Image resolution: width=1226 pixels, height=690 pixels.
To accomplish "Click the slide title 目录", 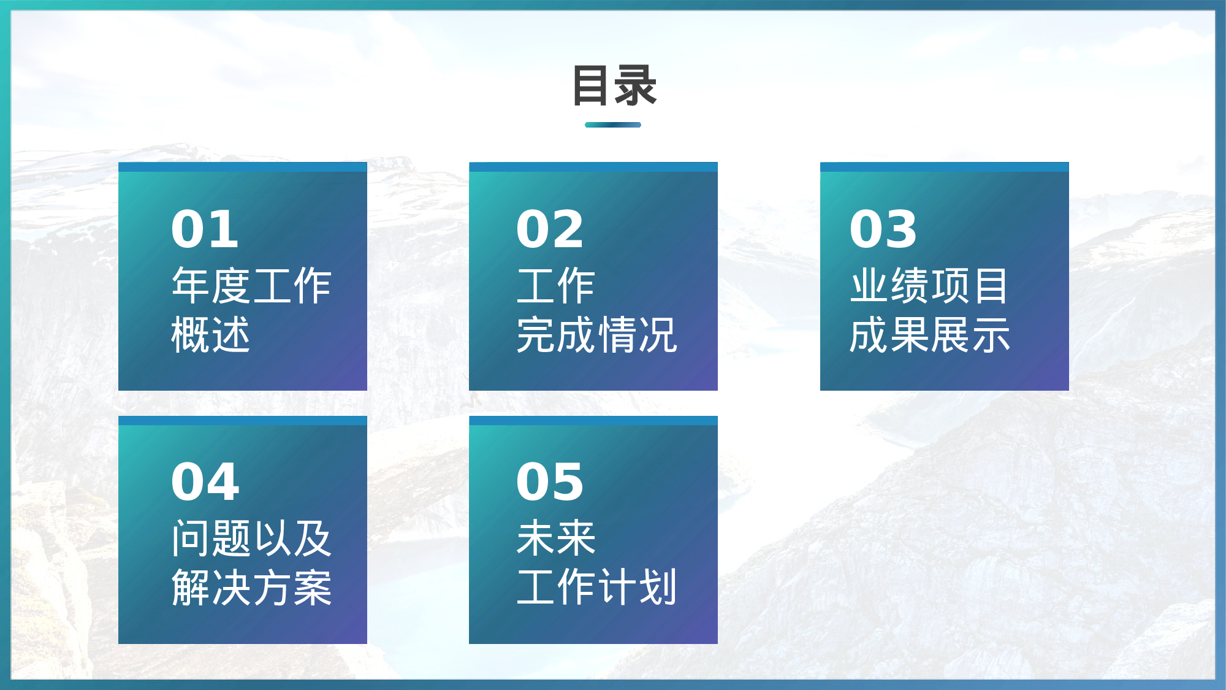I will [614, 86].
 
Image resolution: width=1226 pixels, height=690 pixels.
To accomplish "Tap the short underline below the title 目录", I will [613, 125].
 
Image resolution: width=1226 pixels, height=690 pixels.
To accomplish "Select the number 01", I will [205, 229].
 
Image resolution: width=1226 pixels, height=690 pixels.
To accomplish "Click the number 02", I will [550, 229].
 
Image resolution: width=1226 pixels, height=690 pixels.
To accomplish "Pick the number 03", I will [883, 229].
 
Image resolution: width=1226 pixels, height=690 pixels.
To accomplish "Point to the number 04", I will [205, 482].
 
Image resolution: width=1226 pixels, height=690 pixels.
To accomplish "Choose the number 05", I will [550, 482].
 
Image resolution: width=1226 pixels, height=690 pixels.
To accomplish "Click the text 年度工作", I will [251, 286].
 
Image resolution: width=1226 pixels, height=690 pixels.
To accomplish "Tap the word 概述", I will [211, 335].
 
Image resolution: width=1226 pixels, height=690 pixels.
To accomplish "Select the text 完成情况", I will [596, 335].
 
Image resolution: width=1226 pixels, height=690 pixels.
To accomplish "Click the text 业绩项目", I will [929, 286].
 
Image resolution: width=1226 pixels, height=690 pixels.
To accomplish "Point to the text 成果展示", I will [929, 335].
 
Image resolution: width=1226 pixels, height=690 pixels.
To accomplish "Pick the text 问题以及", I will [251, 539].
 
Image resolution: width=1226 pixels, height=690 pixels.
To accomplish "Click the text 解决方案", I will [251, 588].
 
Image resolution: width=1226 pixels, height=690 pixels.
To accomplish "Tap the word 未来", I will [556, 539].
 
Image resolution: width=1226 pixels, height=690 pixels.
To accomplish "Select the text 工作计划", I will [596, 588].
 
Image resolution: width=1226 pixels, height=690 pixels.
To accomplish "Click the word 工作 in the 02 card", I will [556, 286].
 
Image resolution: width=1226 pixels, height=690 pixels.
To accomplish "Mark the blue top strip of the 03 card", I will [944, 167].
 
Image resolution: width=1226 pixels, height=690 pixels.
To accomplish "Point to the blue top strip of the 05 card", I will [593, 420].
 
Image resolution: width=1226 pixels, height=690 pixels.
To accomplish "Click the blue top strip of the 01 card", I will [242, 167].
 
